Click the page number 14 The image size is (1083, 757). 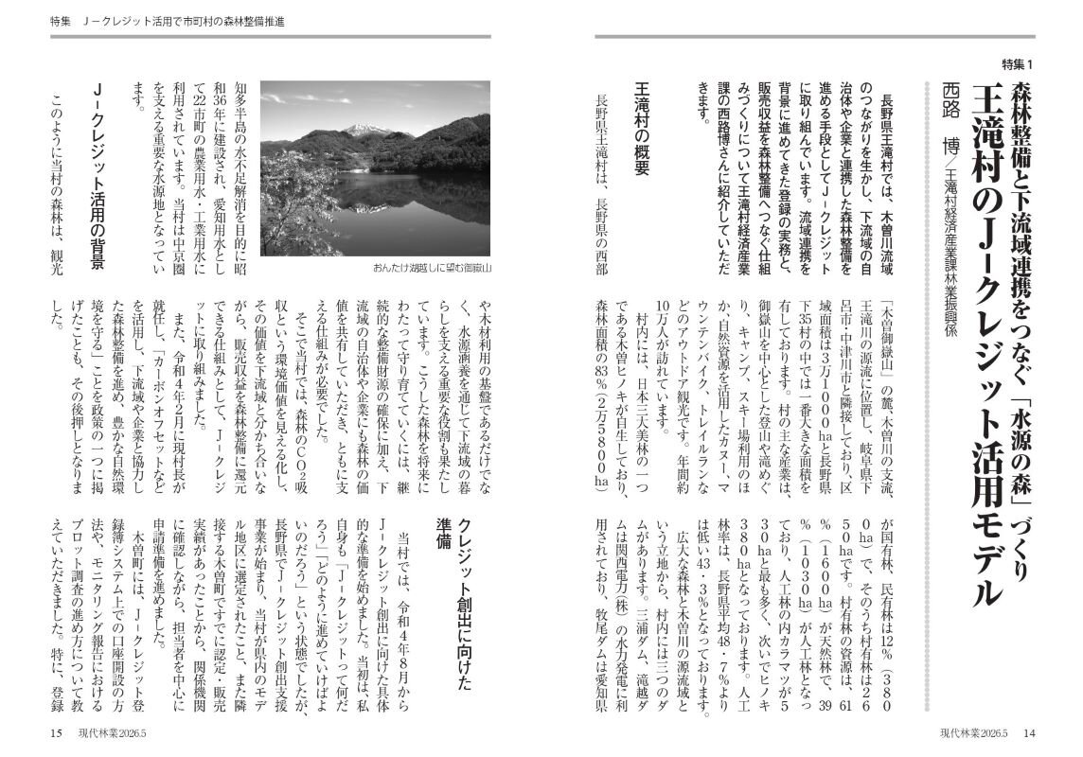(x=1029, y=732)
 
